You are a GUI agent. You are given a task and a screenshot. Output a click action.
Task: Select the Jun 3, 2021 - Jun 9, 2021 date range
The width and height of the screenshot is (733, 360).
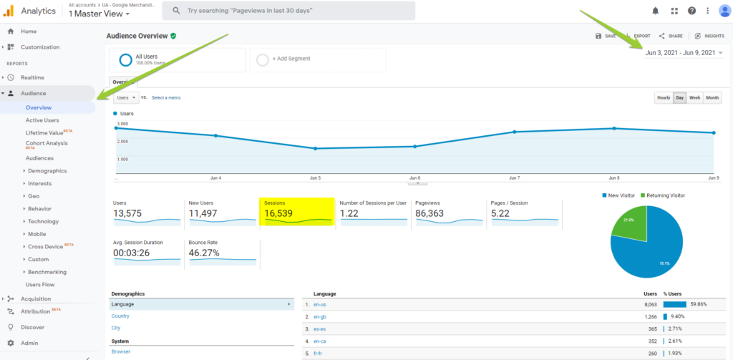tap(680, 53)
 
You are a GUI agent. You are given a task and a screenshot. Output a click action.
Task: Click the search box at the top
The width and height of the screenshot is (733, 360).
tap(288, 11)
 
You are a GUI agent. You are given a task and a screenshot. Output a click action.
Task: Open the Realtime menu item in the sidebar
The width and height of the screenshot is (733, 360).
tap(33, 77)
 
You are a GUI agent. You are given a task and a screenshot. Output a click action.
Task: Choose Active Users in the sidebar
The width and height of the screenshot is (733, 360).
tap(42, 120)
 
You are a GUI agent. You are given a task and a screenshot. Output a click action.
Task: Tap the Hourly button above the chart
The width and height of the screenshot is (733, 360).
tap(664, 97)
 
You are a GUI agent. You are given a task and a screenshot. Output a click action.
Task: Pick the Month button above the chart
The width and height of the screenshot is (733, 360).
tap(712, 97)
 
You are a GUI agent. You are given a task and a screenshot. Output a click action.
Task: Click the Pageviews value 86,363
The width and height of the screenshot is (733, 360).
tap(435, 213)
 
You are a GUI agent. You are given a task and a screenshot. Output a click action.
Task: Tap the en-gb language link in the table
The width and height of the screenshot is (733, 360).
tap(320, 316)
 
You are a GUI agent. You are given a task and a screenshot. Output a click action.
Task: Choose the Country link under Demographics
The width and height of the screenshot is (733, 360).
tap(120, 316)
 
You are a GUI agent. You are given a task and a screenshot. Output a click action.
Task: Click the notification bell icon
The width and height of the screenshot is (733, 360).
tap(655, 11)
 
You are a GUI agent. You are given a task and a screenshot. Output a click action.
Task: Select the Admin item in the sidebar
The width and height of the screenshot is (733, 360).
tap(29, 343)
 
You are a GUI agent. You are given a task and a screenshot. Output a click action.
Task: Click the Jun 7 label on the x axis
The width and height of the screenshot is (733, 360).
tap(514, 177)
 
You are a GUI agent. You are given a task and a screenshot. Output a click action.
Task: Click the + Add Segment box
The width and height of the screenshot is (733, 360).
tap(318, 59)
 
